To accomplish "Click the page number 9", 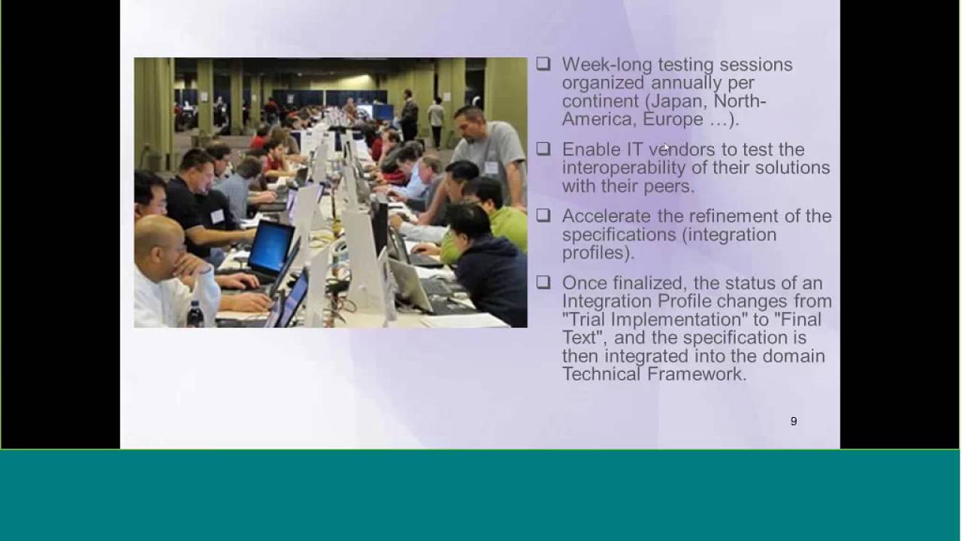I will point(793,422).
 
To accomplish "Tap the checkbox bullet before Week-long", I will point(543,65).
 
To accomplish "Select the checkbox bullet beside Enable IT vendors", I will point(543,150).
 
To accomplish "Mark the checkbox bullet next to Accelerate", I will point(543,216).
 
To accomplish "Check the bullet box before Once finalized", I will point(543,283).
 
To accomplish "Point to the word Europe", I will point(673,119).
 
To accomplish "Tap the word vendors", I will point(682,150).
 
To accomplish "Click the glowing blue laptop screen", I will point(271,247).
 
